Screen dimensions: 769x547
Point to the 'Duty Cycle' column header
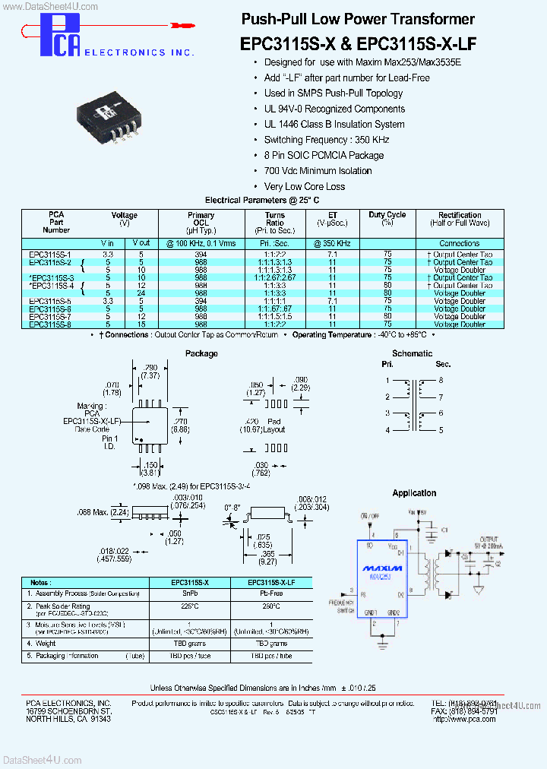(x=387, y=219)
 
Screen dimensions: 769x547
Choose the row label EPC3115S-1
(x=49, y=255)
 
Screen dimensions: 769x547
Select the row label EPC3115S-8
(x=49, y=324)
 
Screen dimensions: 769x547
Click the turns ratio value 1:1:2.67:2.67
(x=275, y=277)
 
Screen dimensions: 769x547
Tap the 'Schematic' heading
(x=412, y=353)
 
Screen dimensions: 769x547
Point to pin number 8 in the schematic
(x=440, y=380)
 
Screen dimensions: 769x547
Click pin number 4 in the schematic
(x=387, y=430)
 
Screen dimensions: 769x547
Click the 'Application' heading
(x=414, y=493)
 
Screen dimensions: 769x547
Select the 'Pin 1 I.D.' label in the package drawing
(x=111, y=442)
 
